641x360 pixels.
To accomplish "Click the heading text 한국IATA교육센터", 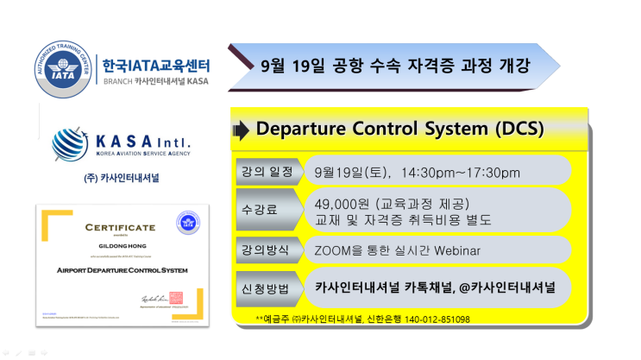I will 155,65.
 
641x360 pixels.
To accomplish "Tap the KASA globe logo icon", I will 69,143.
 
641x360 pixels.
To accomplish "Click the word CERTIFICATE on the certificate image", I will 120,227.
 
